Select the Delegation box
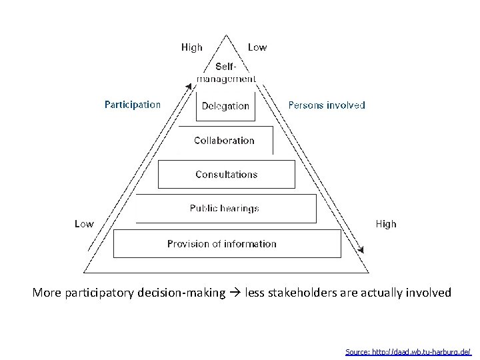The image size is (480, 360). (225, 105)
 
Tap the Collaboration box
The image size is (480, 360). (224, 141)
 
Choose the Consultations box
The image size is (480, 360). (226, 174)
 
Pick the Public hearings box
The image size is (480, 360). (224, 209)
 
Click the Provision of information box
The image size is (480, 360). (222, 243)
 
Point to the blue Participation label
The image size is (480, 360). (133, 105)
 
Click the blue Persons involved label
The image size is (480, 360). (326, 105)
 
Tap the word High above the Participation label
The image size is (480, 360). (192, 47)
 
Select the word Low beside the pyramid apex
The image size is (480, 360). (257, 47)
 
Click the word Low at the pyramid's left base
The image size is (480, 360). (84, 224)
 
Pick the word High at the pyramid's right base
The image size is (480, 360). (386, 224)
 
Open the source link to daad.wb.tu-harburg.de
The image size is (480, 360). (408, 351)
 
